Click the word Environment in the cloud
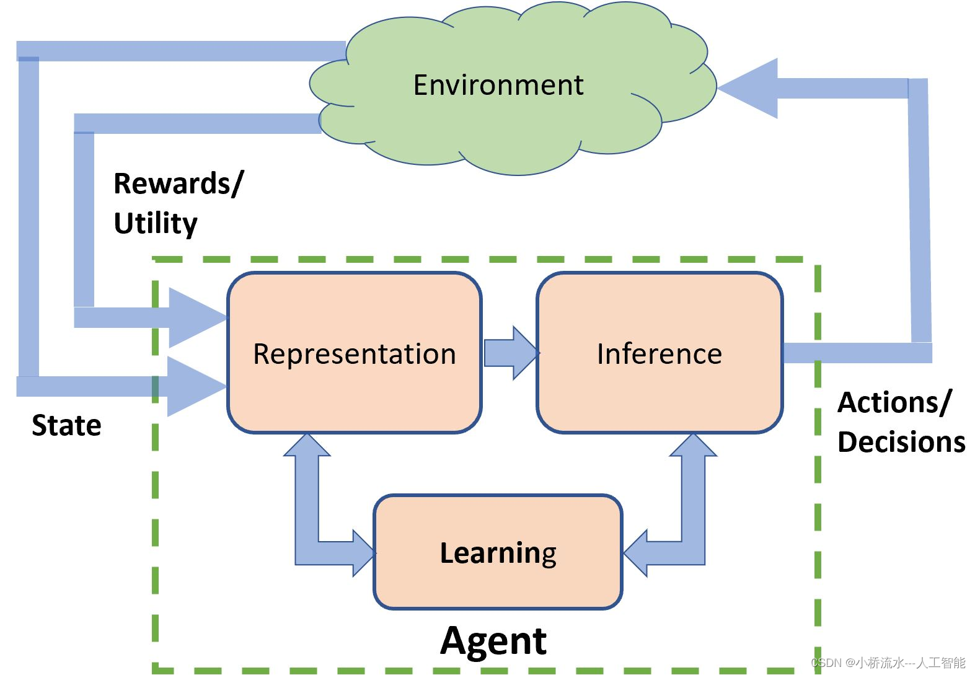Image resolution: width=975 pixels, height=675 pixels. [498, 85]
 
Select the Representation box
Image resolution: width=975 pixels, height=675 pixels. [354, 354]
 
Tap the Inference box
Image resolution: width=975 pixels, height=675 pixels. [659, 354]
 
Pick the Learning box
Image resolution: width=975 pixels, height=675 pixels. [498, 552]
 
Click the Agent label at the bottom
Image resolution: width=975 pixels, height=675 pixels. [493, 640]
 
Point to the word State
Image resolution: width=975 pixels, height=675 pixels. [66, 425]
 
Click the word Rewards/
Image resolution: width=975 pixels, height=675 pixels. [179, 184]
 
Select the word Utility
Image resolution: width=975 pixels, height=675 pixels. [156, 223]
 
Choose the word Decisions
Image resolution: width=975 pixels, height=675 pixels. [901, 443]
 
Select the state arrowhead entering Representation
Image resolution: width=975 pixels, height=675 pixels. [195, 386]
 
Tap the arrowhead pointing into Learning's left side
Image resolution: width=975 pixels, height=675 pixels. [363, 552]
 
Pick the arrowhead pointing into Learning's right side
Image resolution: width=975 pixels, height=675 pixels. [636, 553]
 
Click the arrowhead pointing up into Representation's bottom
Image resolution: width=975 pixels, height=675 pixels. [307, 446]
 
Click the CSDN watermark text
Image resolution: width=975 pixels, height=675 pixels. [888, 663]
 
